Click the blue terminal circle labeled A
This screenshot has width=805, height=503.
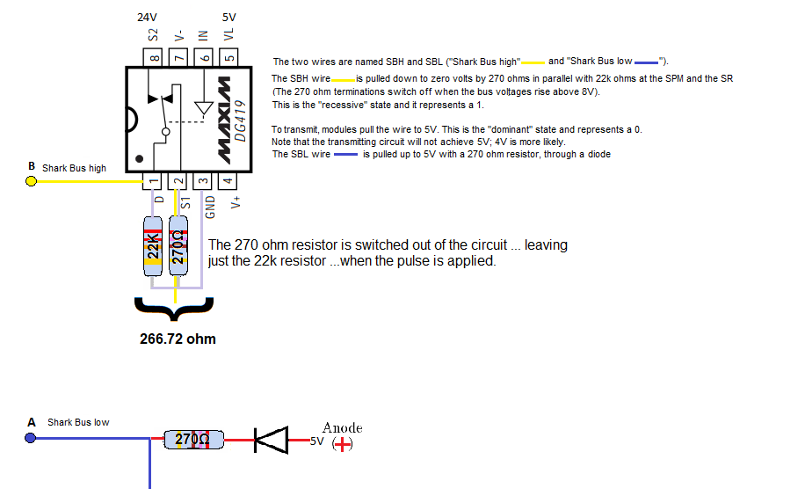click(31, 437)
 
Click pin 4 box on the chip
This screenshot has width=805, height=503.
click(228, 182)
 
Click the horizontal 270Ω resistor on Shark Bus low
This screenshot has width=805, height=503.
click(194, 439)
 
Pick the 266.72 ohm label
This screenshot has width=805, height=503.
click(178, 339)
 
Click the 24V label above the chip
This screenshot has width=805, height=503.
click(148, 17)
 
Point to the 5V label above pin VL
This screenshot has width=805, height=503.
click(228, 17)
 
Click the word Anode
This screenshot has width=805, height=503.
click(342, 428)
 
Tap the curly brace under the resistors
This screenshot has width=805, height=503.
click(175, 309)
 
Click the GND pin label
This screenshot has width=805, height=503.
click(210, 208)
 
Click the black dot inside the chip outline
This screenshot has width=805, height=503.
click(139, 161)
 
